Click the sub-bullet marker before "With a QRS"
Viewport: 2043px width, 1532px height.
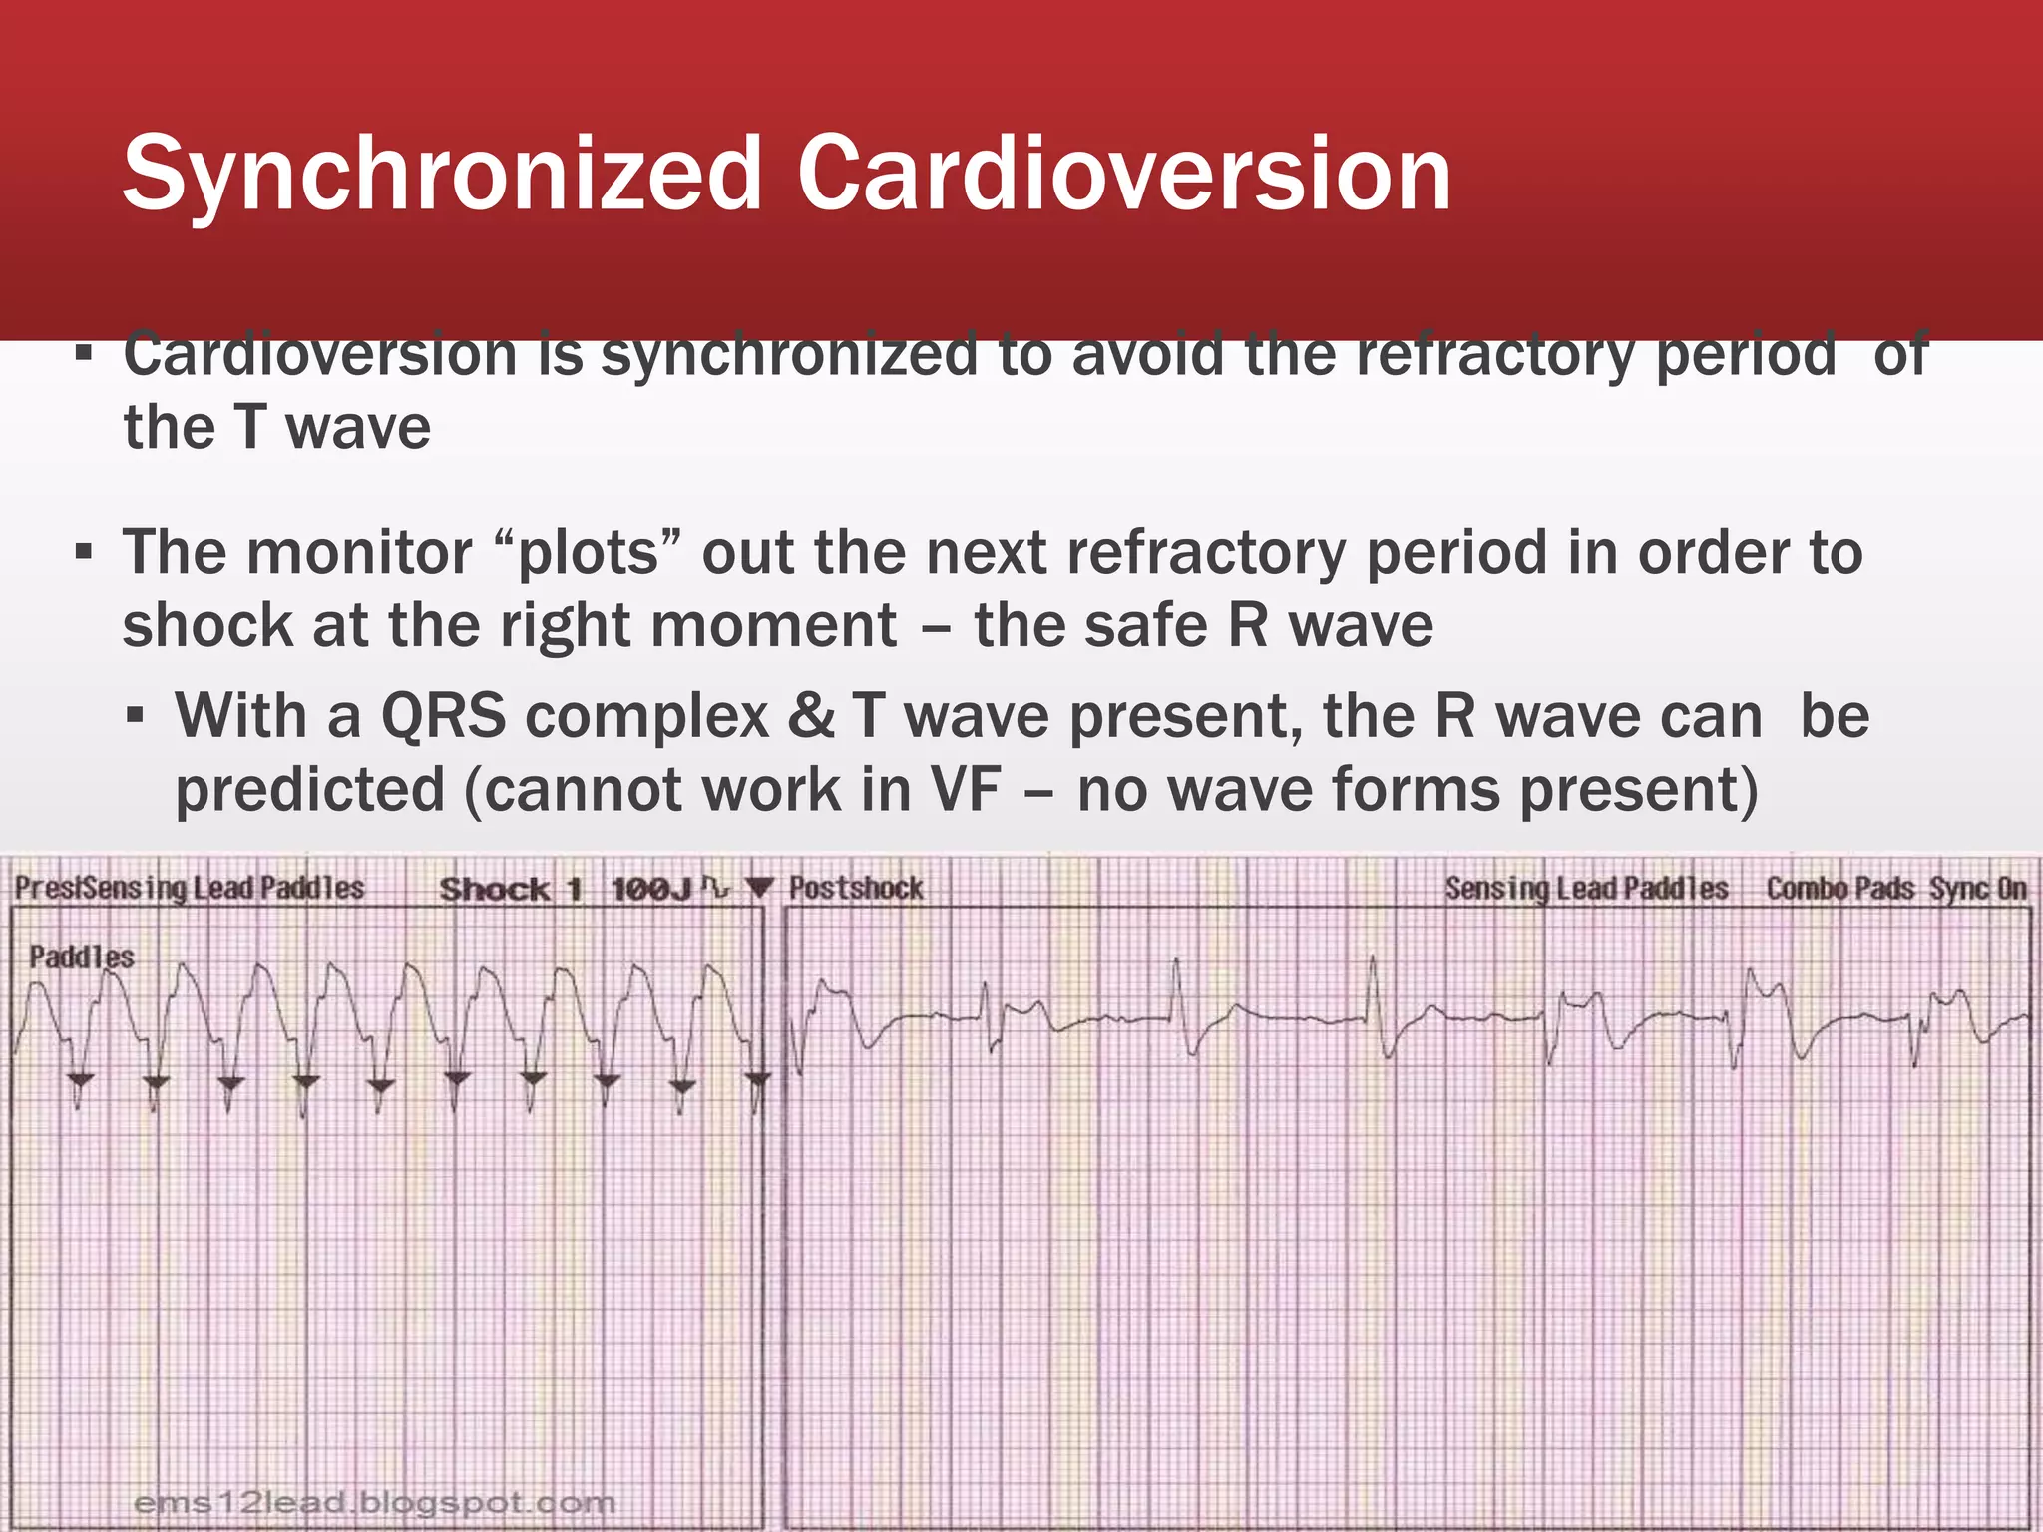(x=137, y=716)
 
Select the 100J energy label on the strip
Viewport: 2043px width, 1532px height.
(x=650, y=889)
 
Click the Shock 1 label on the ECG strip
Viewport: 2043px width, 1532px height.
(x=510, y=889)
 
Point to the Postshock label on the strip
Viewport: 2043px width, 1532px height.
(x=856, y=888)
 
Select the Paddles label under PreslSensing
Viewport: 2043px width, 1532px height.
(x=81, y=957)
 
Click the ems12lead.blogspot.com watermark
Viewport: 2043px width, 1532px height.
(x=374, y=1502)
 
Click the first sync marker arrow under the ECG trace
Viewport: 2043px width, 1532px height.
(x=81, y=1080)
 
